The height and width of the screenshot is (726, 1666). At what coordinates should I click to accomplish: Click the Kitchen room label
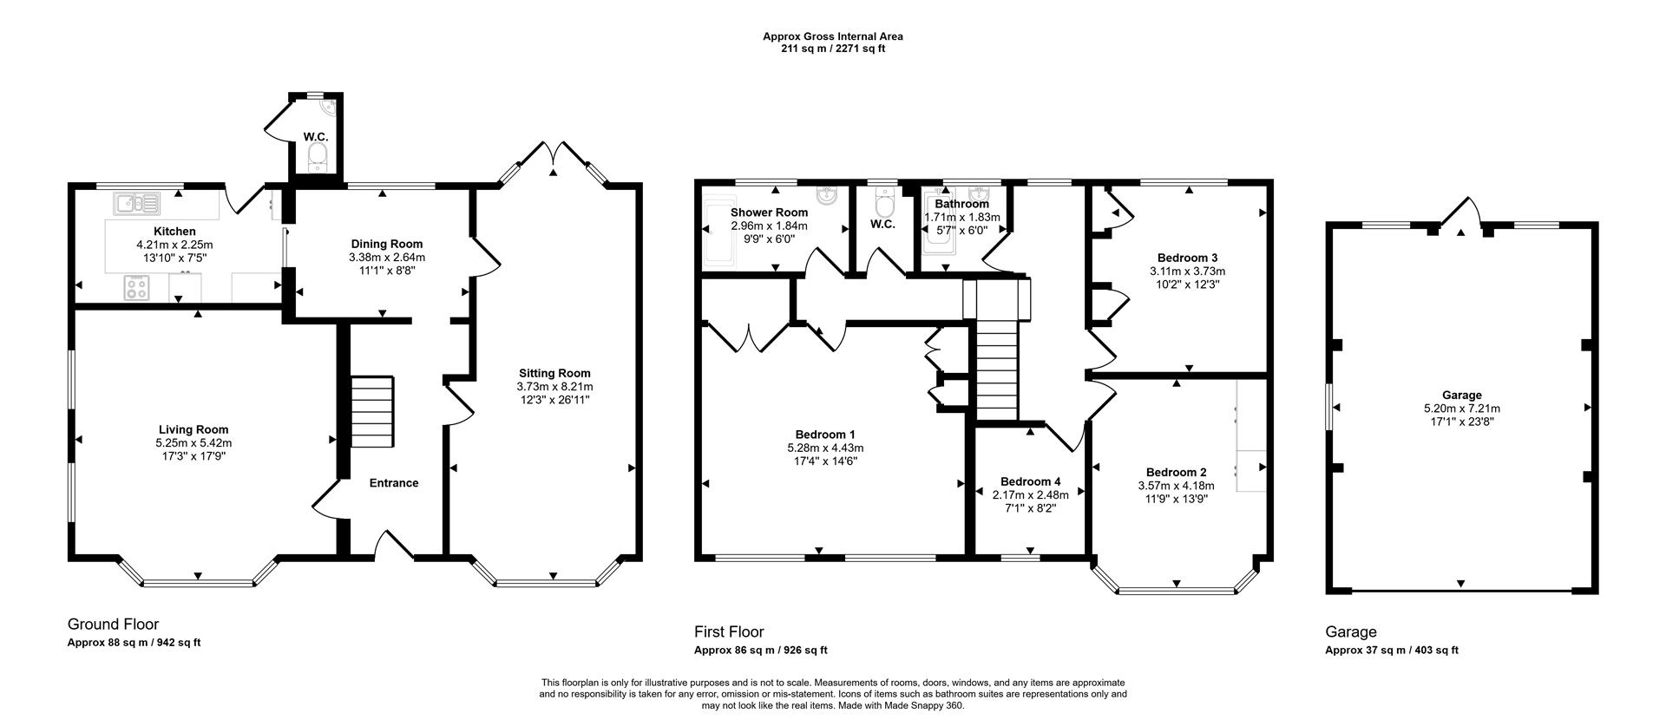coord(174,232)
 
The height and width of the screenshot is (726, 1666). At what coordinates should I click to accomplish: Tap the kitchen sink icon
coord(136,204)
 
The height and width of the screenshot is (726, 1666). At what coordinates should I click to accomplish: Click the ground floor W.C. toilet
coord(318,156)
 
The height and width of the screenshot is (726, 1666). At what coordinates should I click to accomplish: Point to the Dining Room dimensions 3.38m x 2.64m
coord(387,258)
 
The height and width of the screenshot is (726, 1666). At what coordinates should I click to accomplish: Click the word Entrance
coord(394,483)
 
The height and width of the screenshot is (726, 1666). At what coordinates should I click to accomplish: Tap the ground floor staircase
coord(371,411)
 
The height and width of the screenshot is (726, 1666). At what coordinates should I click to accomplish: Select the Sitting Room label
coord(554,374)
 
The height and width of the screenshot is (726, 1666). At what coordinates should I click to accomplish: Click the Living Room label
coord(193,429)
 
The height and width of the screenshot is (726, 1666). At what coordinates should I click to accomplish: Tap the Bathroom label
coord(961,204)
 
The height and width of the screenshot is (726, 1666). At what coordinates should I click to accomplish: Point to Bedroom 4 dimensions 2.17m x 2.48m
coord(1030,495)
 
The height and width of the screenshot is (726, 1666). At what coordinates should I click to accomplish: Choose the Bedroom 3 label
coord(1187,258)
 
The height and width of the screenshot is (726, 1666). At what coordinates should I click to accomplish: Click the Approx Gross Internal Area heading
coord(833,36)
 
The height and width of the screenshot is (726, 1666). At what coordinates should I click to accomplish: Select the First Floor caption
coord(729,631)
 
